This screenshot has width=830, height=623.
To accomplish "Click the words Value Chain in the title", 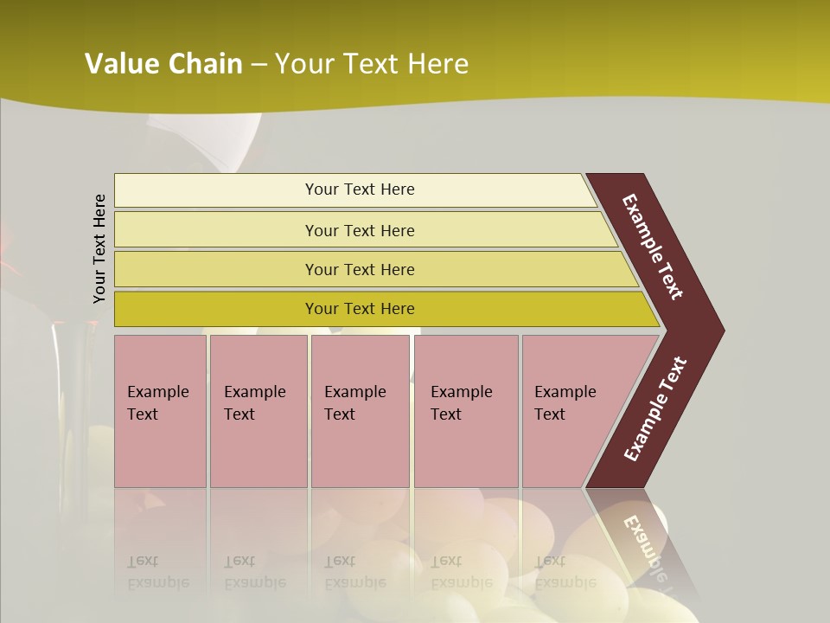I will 163,64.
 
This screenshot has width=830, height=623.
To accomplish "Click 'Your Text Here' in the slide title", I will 372,64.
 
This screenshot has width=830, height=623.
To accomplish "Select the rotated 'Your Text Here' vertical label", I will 99,248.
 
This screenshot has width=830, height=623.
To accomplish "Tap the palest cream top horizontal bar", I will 359,189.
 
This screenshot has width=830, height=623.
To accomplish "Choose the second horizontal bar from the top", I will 359,230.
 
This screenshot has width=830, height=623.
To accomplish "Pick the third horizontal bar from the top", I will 359,269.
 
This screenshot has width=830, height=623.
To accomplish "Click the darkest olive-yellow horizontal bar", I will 359,309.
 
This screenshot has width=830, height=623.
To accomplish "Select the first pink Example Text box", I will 160,410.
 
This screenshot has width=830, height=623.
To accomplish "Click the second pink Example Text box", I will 258,410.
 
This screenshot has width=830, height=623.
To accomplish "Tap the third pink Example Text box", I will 360,410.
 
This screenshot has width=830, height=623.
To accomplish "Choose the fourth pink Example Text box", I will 465,410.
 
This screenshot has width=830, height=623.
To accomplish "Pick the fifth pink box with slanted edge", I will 571,410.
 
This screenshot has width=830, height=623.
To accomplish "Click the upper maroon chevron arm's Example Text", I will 654,247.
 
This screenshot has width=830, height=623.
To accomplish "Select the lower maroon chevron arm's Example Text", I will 655,408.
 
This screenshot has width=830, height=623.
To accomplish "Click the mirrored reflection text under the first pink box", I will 157,572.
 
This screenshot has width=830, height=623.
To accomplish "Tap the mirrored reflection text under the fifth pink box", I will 564,572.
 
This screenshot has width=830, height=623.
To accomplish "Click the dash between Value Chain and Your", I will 259,65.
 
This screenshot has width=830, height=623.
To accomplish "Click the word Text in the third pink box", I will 340,414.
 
